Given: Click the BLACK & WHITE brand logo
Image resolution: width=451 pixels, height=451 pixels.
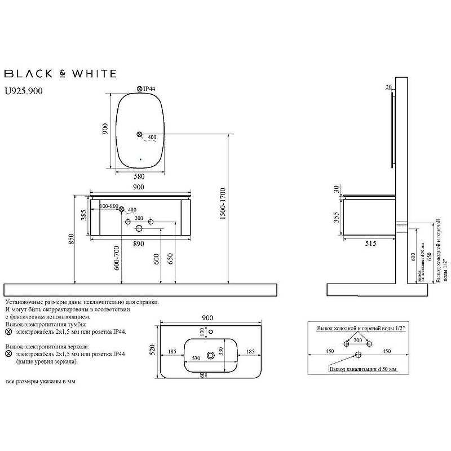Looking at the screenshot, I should tap(60, 73).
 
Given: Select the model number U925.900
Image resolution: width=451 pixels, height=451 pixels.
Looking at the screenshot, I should tap(23, 90).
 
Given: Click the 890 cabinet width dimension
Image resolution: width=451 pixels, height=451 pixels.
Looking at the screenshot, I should tap(138, 244).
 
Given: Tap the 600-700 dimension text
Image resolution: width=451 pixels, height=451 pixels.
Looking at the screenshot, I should tap(116, 258).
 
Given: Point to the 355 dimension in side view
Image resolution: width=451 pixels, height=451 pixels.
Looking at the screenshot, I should tap(336, 217).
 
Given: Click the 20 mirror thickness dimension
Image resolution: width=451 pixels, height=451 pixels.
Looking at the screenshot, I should tap(389, 87).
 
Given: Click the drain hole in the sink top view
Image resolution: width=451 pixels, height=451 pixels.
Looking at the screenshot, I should tap(211, 355).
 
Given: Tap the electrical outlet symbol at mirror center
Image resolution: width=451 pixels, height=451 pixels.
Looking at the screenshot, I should tap(139, 134).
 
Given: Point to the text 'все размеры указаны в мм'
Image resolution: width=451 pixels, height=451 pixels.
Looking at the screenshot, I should tap(40, 382).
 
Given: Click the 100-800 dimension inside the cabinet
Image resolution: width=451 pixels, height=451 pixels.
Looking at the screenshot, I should tap(108, 207).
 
